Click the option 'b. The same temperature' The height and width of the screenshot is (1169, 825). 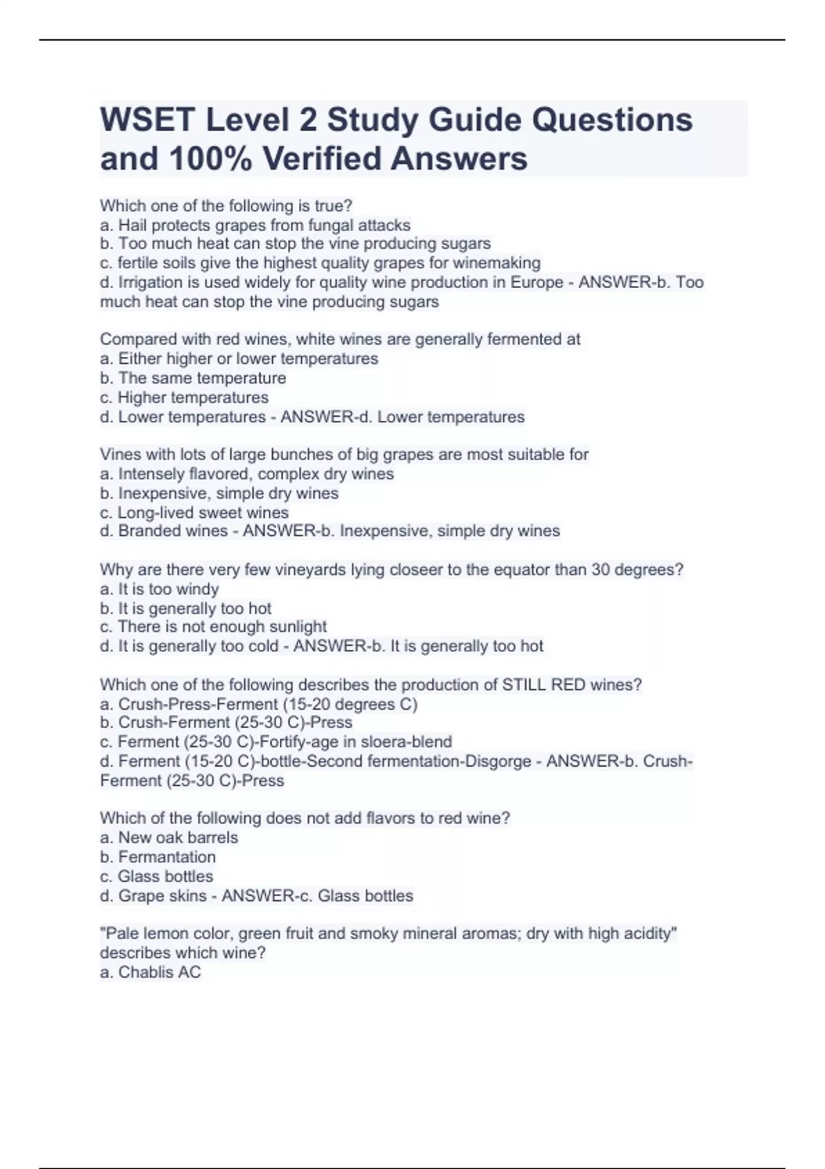point(193,378)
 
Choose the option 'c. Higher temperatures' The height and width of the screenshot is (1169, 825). point(184,397)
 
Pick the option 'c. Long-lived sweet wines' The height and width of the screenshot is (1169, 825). point(195,512)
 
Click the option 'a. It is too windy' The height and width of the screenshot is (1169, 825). point(159,589)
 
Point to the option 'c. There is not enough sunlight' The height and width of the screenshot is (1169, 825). point(213,627)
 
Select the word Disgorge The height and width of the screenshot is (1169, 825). point(498,761)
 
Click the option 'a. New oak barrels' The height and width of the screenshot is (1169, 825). point(169,838)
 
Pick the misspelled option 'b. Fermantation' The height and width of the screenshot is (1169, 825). point(158,857)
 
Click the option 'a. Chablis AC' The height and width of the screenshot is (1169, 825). point(151,972)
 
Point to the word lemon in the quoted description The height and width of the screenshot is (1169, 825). point(166,934)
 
